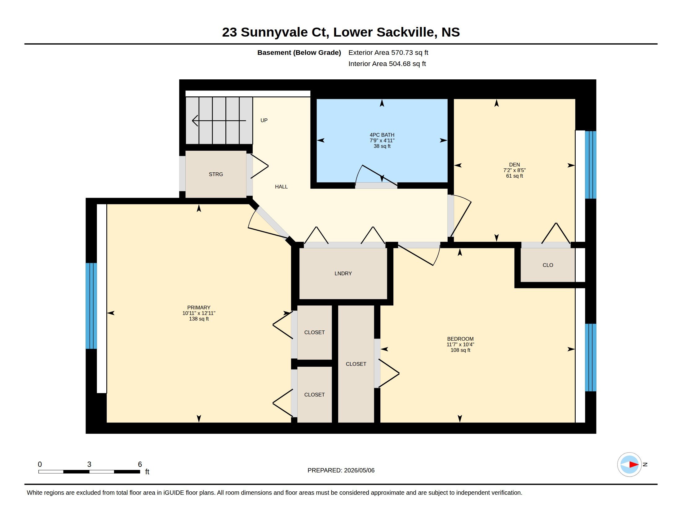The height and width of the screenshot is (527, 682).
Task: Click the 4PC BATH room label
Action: (382, 135)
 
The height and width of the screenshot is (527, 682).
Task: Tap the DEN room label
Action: (514, 165)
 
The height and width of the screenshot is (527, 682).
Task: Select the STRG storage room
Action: (216, 174)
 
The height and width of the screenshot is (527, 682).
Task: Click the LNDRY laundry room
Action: (343, 273)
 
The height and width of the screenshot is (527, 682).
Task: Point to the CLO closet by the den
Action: (548, 265)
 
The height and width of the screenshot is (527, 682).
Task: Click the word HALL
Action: (281, 187)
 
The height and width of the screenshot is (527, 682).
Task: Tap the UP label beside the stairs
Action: (264, 120)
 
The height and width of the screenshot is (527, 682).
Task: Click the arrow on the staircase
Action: (219, 121)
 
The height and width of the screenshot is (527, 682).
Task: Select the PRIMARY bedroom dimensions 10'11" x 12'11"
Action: (199, 313)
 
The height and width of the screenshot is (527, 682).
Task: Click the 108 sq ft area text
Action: (460, 350)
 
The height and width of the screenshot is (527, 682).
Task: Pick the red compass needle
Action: (634, 465)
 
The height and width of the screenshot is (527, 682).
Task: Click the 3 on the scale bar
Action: (89, 464)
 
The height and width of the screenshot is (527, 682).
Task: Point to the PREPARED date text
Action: (341, 470)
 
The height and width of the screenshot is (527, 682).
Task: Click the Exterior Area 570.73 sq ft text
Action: (388, 52)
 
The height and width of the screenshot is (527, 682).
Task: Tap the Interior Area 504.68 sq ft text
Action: (387, 64)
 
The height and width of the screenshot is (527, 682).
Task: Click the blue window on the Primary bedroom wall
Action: (91, 306)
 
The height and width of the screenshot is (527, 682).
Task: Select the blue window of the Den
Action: (591, 165)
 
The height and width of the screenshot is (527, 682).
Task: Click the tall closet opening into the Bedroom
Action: (356, 364)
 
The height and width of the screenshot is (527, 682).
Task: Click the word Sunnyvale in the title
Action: (274, 32)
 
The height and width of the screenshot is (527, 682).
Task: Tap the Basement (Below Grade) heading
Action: (299, 52)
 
